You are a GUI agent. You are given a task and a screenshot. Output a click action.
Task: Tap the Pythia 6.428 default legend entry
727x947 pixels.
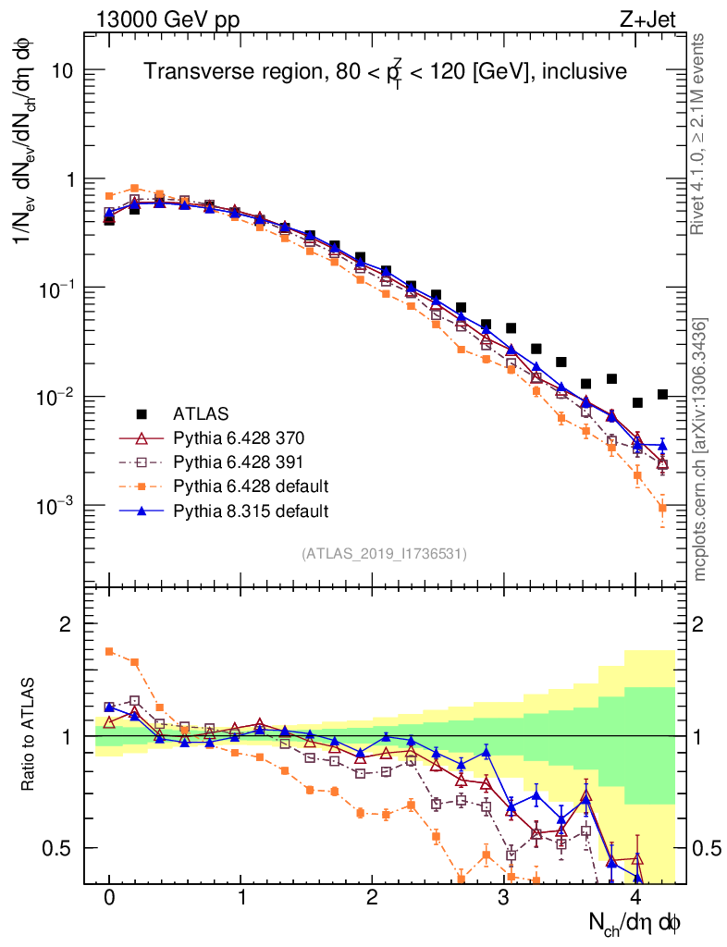[x=246, y=486]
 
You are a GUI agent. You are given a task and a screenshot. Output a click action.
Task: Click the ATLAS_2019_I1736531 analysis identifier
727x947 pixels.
[x=384, y=554]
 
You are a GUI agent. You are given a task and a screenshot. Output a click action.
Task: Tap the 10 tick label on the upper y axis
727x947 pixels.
[x=62, y=71]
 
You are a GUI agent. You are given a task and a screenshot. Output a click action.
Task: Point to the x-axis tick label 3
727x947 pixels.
[x=503, y=898]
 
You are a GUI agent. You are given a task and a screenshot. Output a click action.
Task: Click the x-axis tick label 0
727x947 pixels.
[x=109, y=898]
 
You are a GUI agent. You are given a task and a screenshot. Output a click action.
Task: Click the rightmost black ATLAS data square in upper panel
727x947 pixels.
[x=662, y=394]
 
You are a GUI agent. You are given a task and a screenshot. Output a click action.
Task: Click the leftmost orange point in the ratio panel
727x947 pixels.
[x=109, y=651]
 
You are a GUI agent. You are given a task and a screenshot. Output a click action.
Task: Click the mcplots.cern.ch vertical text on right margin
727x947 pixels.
[x=698, y=449]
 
